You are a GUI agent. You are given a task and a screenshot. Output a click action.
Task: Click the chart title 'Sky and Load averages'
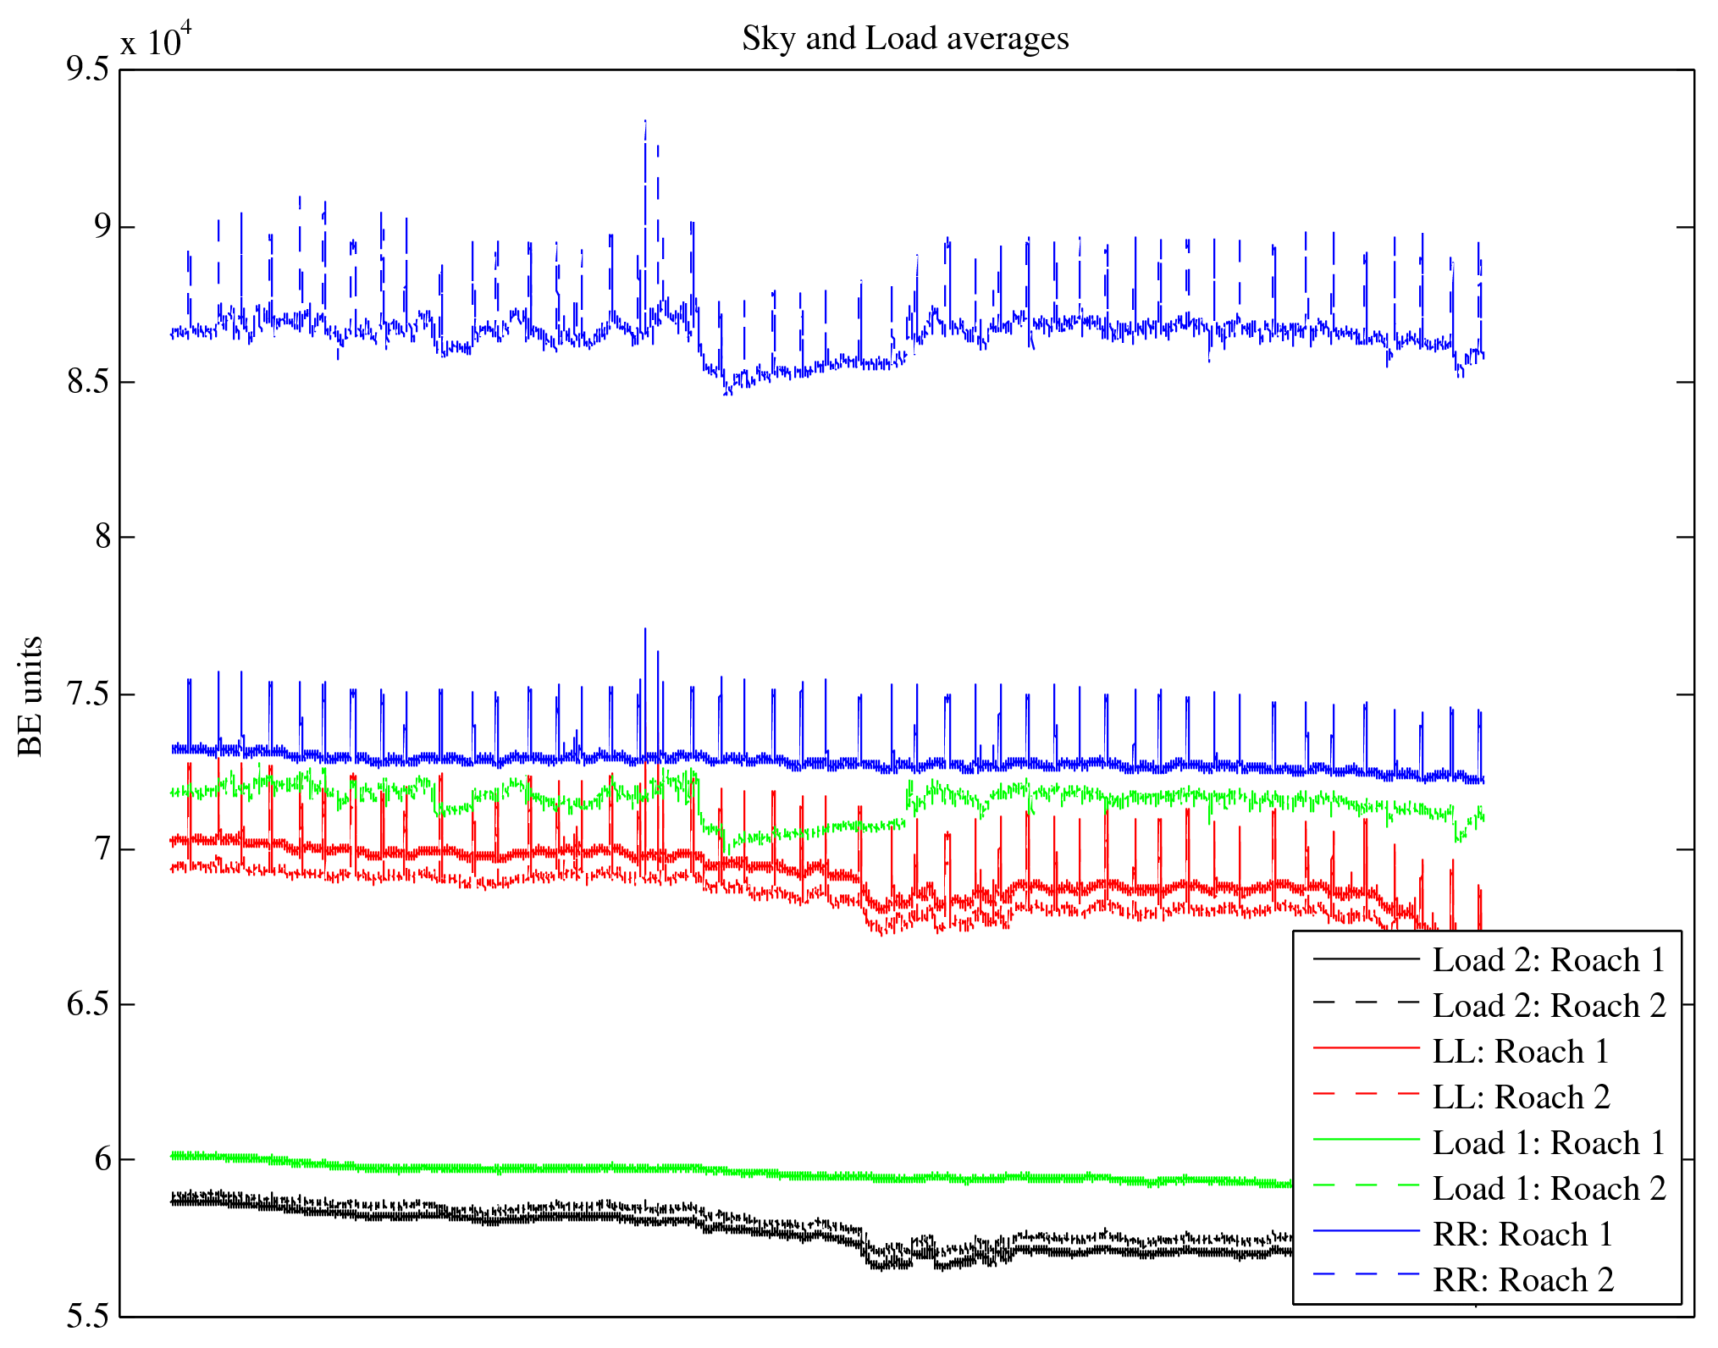(905, 39)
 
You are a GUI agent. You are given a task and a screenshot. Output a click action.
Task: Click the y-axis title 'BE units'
(30, 696)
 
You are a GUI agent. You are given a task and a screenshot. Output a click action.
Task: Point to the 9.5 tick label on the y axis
(88, 69)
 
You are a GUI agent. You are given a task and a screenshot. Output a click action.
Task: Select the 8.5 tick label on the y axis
(88, 383)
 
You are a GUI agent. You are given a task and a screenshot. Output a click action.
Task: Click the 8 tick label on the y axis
(102, 537)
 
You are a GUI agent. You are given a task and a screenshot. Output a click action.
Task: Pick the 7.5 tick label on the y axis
(88, 694)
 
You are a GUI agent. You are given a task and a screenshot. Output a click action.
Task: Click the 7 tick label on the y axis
(102, 849)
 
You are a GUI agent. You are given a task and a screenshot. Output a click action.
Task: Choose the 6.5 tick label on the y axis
(88, 1005)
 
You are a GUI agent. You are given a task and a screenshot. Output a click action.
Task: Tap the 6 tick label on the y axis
(102, 1159)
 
